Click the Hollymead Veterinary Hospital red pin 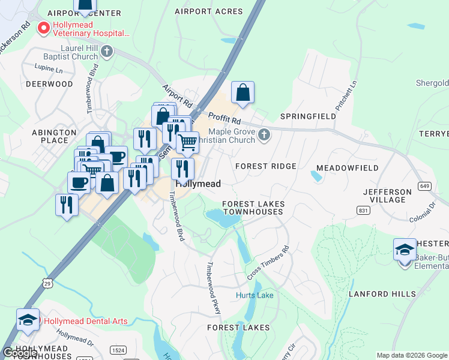tap(43, 28)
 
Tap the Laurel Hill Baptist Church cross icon tap(107, 51)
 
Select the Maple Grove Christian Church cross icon tap(264, 136)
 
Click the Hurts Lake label tap(255, 295)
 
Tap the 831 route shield tap(362, 211)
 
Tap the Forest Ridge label tap(266, 166)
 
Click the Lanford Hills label tap(382, 294)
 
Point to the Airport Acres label tap(209, 11)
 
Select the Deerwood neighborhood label tap(49, 84)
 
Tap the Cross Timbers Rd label tap(268, 263)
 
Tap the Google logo tap(20, 353)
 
